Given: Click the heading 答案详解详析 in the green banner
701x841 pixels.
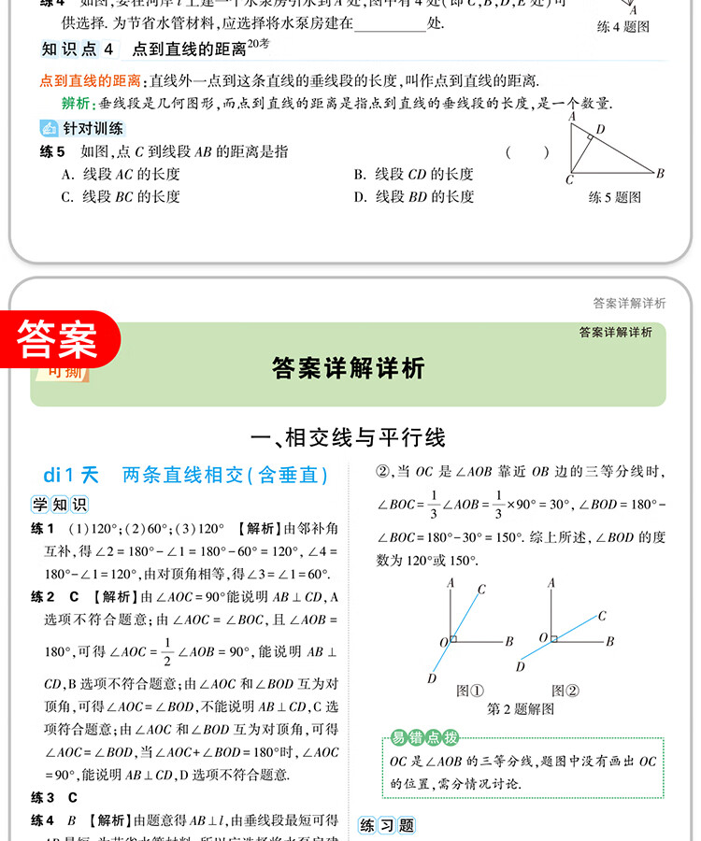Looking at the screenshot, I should (x=349, y=368).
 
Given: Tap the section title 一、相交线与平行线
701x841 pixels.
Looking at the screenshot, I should (x=350, y=436).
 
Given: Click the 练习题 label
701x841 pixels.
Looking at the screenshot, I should (x=386, y=825).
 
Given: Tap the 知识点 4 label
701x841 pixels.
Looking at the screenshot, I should (x=80, y=50).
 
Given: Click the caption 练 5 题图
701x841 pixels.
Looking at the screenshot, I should (x=614, y=197).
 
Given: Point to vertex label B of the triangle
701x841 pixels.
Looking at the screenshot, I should (x=660, y=173).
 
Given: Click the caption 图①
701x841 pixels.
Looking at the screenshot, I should (x=469, y=691).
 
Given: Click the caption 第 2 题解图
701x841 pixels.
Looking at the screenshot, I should (x=521, y=709).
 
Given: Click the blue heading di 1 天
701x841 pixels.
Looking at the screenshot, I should (x=70, y=475).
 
